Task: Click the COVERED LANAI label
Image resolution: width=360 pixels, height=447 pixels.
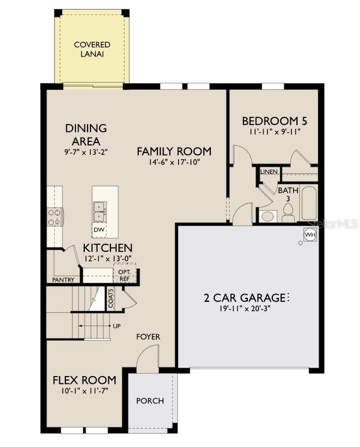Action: (92, 49)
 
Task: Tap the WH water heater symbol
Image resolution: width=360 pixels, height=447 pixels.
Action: (310, 235)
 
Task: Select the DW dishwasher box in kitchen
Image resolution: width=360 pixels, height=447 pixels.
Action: (99, 230)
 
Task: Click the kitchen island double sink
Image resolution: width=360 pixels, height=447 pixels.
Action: (99, 211)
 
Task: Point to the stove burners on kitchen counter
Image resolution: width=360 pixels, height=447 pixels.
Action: (55, 217)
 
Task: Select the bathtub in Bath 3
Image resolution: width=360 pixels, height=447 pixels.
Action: (309, 204)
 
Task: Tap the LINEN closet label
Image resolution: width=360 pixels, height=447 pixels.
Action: (268, 172)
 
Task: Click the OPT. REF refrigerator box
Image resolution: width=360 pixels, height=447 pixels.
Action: (123, 274)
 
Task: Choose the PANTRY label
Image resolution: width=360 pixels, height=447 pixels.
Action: (63, 280)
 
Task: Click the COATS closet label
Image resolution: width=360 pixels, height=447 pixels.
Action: (111, 298)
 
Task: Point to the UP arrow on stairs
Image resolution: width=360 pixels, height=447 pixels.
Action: (117, 326)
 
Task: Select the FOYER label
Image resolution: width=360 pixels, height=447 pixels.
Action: (148, 337)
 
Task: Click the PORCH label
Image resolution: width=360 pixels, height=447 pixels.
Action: (150, 401)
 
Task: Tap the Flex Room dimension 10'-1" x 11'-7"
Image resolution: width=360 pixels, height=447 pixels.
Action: (84, 391)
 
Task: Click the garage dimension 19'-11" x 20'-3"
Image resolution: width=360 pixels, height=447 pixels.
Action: (246, 308)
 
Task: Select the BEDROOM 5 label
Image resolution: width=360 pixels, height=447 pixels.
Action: (274, 121)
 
